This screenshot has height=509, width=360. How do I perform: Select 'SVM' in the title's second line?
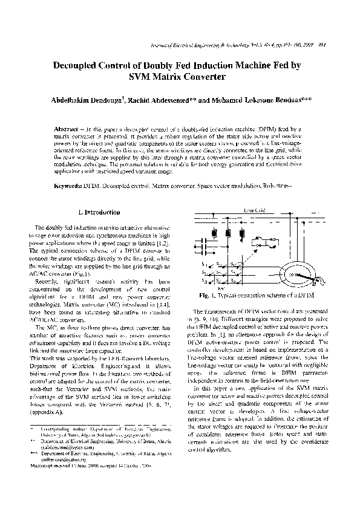(x=142, y=77)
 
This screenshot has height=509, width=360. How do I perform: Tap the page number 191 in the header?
(x=322, y=45)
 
